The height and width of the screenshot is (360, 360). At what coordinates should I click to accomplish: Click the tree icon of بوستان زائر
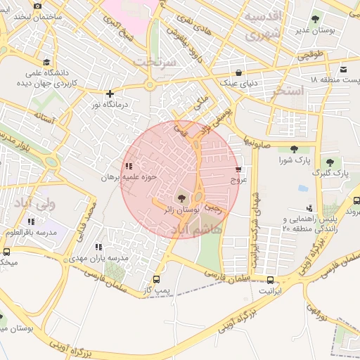(182, 199)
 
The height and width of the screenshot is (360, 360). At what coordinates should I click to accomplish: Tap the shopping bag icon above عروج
(238, 169)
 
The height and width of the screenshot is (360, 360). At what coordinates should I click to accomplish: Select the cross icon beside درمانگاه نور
(109, 94)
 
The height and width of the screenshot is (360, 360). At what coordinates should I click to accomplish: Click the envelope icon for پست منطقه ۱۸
(343, 70)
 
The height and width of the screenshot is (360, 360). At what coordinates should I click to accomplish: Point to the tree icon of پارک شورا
(293, 149)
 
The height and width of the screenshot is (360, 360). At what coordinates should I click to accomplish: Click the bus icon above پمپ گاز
(156, 279)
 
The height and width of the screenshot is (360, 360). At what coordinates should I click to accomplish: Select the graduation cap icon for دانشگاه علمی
(46, 62)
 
